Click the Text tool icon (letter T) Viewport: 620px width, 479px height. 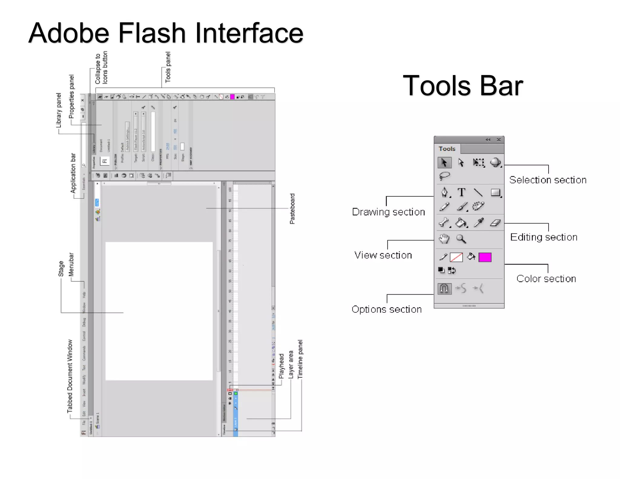(x=461, y=192)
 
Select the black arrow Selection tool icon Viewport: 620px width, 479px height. (x=444, y=163)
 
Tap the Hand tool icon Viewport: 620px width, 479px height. (x=444, y=239)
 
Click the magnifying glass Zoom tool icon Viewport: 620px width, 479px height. (x=461, y=239)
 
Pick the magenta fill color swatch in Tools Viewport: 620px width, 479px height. (x=485, y=257)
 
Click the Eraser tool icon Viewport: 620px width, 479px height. (x=495, y=223)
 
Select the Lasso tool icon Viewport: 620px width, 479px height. (x=444, y=176)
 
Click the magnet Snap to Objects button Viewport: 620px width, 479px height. (x=444, y=289)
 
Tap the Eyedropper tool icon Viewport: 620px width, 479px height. (x=479, y=223)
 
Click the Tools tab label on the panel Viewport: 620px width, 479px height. (x=447, y=149)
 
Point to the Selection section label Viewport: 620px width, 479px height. (x=548, y=180)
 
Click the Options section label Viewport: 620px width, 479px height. (x=387, y=309)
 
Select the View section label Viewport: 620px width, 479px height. (x=383, y=255)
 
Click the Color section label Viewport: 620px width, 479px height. (x=546, y=279)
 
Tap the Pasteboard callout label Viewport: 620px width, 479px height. (x=292, y=209)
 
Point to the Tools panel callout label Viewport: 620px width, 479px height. (x=168, y=67)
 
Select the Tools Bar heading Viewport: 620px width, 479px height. (x=463, y=86)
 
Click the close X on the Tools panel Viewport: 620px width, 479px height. (x=499, y=140)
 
